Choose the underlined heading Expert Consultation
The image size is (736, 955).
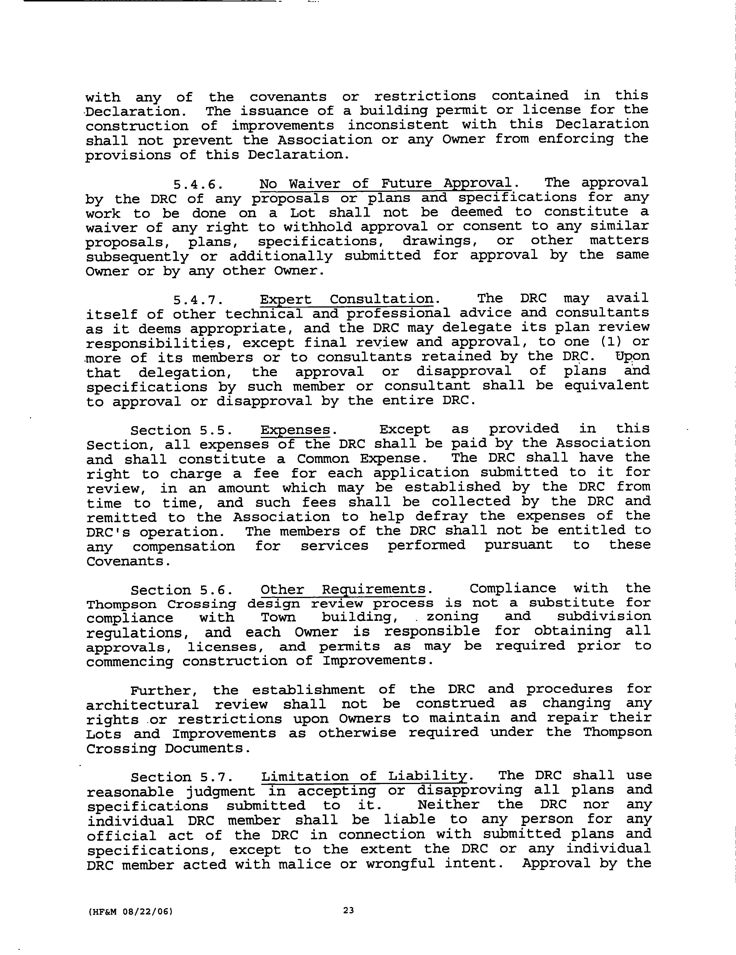[346, 299]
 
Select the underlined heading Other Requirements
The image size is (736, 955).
[343, 589]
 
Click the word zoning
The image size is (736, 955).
[452, 617]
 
